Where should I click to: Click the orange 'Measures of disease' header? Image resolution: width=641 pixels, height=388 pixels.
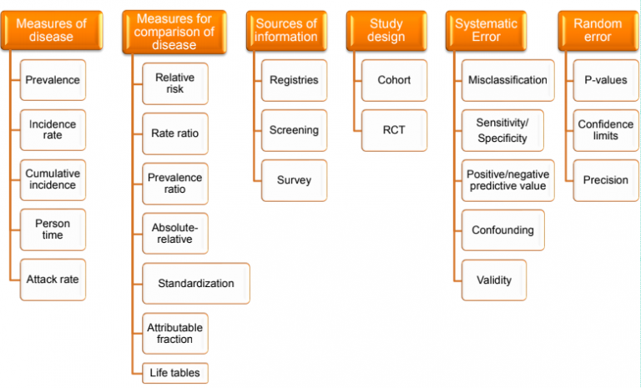coord(52,30)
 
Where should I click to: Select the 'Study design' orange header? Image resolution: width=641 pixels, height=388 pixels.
coord(386,30)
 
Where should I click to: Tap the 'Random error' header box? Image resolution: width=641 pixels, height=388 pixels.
coord(598,30)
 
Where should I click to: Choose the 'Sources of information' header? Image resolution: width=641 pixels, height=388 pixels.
coord(286,30)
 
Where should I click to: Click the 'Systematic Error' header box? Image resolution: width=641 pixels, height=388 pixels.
coord(486,30)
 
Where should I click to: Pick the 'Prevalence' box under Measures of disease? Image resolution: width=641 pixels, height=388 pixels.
coord(53,80)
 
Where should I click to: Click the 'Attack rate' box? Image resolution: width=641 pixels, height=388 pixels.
coord(53,280)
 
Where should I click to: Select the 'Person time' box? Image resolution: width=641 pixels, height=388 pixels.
coord(53,229)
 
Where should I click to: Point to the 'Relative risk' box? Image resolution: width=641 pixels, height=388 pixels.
coord(175,83)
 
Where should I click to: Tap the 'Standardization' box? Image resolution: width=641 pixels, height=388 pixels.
coord(196,284)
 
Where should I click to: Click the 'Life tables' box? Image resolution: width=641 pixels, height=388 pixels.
coord(175,373)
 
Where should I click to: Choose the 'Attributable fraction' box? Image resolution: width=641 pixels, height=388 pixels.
coord(175,333)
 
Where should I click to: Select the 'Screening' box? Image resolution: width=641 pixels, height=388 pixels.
coord(294,130)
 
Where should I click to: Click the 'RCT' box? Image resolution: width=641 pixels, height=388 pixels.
coord(394,130)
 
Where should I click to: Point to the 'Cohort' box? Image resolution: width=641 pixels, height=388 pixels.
coord(394,80)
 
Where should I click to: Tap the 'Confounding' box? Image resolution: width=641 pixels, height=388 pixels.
coord(502,229)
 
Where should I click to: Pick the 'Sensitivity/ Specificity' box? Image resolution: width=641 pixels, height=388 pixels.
coord(502,130)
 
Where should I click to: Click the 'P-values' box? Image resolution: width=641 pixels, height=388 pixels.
coord(605,80)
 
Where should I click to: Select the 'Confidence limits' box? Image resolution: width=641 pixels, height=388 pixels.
coord(605,130)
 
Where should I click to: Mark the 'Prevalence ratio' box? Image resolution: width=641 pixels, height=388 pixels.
coord(175,184)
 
